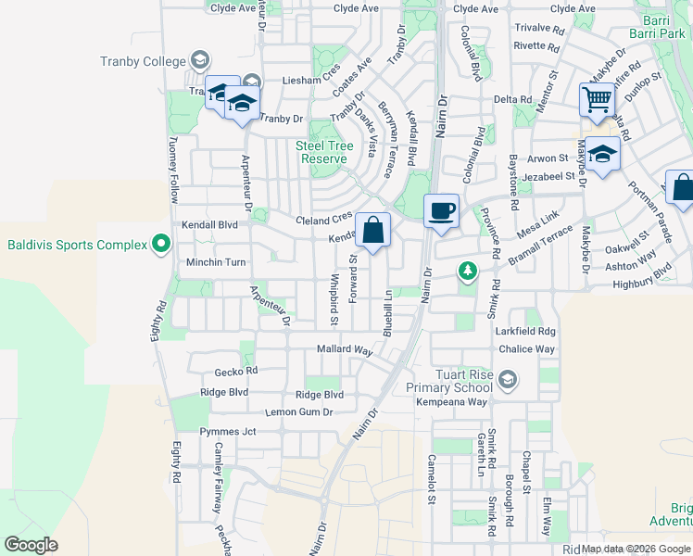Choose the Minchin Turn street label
[214, 262]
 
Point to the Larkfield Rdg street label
[526, 331]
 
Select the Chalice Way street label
[526, 349]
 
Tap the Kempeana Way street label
[451, 402]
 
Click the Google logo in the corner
[31, 545]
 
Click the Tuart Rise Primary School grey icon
[507, 379]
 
